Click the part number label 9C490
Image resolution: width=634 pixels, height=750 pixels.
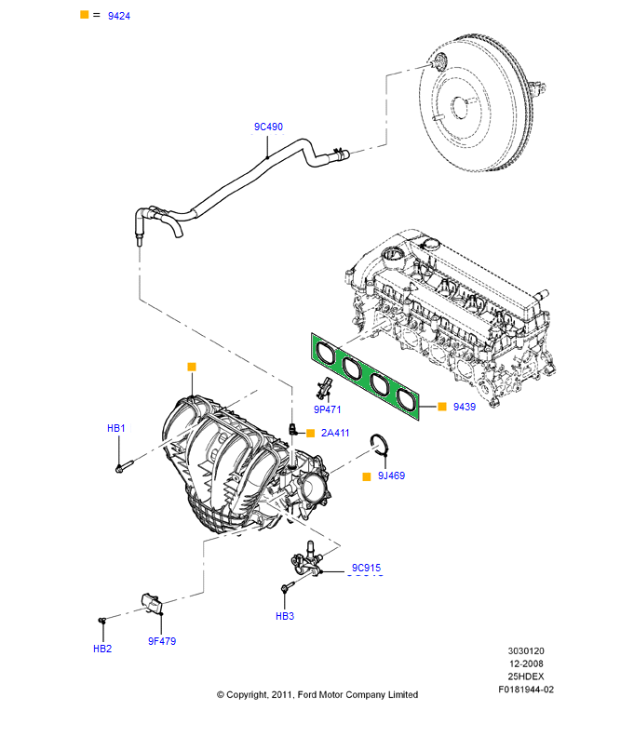pyautogui.click(x=268, y=127)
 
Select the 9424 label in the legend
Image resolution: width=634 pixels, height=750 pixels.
pyautogui.click(x=118, y=16)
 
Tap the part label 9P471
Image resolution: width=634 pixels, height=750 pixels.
pyautogui.click(x=328, y=409)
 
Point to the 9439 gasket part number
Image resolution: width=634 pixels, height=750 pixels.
pyautogui.click(x=465, y=408)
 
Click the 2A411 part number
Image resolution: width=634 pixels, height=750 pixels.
pyautogui.click(x=335, y=433)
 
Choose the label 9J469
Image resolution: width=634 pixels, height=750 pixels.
pyautogui.click(x=391, y=475)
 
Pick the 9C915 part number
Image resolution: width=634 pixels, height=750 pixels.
pyautogui.click(x=366, y=568)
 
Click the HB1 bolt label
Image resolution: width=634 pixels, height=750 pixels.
pyautogui.click(x=115, y=429)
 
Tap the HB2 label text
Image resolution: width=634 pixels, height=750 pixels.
pyautogui.click(x=101, y=649)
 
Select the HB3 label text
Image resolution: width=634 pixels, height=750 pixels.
pyautogui.click(x=284, y=616)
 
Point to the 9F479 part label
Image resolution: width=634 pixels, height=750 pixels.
pyautogui.click(x=161, y=641)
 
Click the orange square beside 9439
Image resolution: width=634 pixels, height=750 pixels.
pyautogui.click(x=442, y=408)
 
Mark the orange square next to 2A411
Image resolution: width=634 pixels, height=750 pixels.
pyautogui.click(x=310, y=433)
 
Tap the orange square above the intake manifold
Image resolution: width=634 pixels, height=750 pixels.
pyautogui.click(x=192, y=367)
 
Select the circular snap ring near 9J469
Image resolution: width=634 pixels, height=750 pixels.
pyautogui.click(x=379, y=443)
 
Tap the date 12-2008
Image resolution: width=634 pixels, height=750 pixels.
pyautogui.click(x=526, y=663)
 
